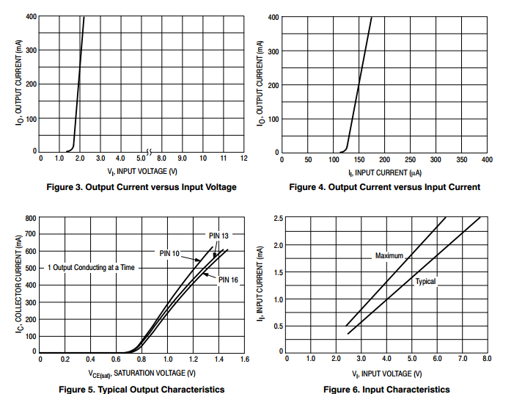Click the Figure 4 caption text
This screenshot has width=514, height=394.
[384, 187]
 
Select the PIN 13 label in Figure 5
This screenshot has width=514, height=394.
[219, 236]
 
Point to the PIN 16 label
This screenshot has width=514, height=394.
[229, 280]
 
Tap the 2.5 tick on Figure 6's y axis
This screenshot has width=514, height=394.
[279, 219]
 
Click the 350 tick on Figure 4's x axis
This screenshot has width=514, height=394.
[461, 159]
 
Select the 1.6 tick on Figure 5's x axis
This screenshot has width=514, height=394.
[244, 360]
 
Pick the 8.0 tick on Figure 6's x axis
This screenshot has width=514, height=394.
[486, 359]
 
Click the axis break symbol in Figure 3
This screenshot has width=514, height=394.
[149, 153]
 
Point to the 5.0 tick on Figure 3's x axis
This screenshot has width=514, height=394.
[141, 158]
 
